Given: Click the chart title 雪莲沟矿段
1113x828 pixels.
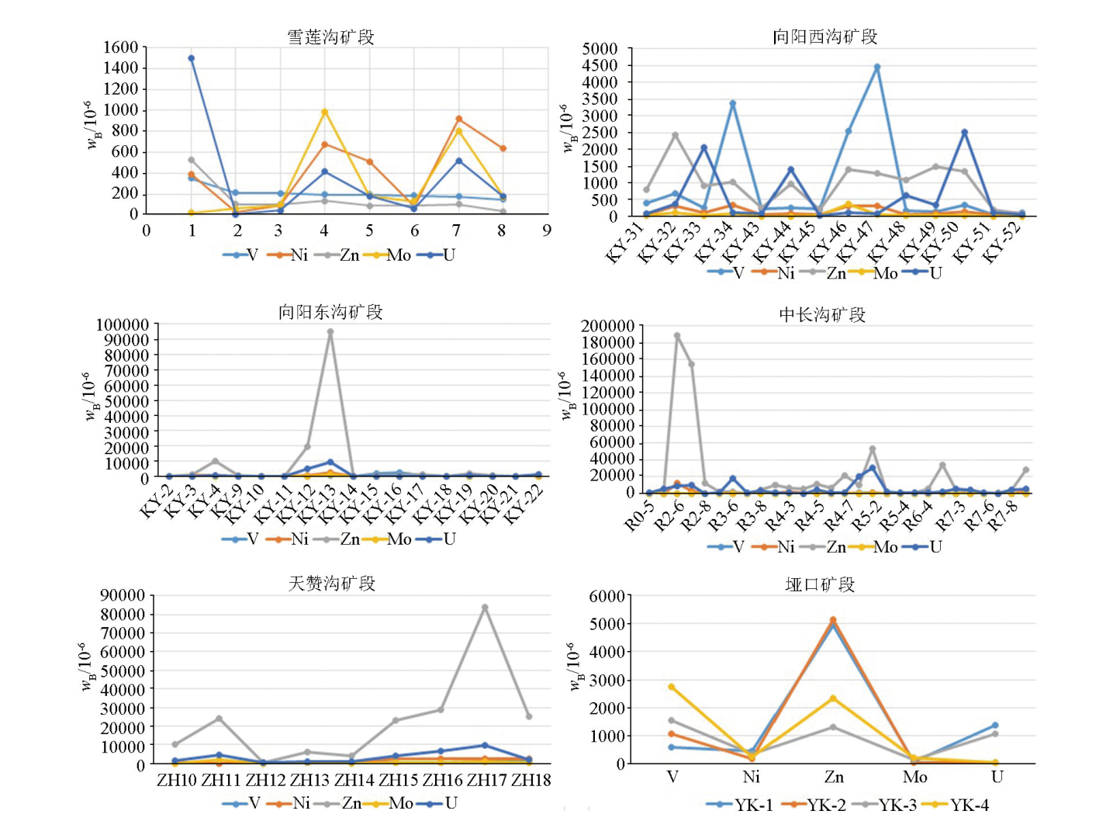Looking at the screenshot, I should tap(330, 37).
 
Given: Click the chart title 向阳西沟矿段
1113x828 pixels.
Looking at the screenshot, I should tap(824, 36).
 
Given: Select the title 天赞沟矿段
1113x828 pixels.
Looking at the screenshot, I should tap(332, 583).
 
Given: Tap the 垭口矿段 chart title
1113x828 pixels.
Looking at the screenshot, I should tap(820, 584).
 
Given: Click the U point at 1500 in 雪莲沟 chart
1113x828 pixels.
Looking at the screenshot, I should tap(192, 58).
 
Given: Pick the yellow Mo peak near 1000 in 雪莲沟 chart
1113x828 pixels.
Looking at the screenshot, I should tap(324, 113).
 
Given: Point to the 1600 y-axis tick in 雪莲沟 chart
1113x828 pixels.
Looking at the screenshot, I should tap(121, 48).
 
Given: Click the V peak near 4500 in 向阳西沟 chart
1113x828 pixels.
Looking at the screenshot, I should tap(877, 68).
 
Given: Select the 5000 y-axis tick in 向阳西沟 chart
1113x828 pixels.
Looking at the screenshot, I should tap(600, 49).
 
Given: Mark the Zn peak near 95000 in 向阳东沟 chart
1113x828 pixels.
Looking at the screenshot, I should tap(330, 332).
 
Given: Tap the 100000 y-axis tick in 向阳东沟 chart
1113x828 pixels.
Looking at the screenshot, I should tap(123, 324).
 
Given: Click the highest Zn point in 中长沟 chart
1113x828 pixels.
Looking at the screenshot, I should tap(677, 336).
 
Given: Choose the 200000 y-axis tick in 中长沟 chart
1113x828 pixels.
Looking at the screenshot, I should tap(607, 326).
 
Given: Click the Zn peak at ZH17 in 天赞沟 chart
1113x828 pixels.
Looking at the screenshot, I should tap(485, 608).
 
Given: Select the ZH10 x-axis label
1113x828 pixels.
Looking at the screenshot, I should tap(177, 780).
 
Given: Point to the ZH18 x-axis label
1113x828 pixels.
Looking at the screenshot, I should tap(531, 780).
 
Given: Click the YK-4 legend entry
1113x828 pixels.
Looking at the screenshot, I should tap(962, 805).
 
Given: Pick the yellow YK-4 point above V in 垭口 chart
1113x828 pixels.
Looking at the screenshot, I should tap(672, 687).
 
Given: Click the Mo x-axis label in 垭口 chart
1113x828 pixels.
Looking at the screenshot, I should tap(914, 777).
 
